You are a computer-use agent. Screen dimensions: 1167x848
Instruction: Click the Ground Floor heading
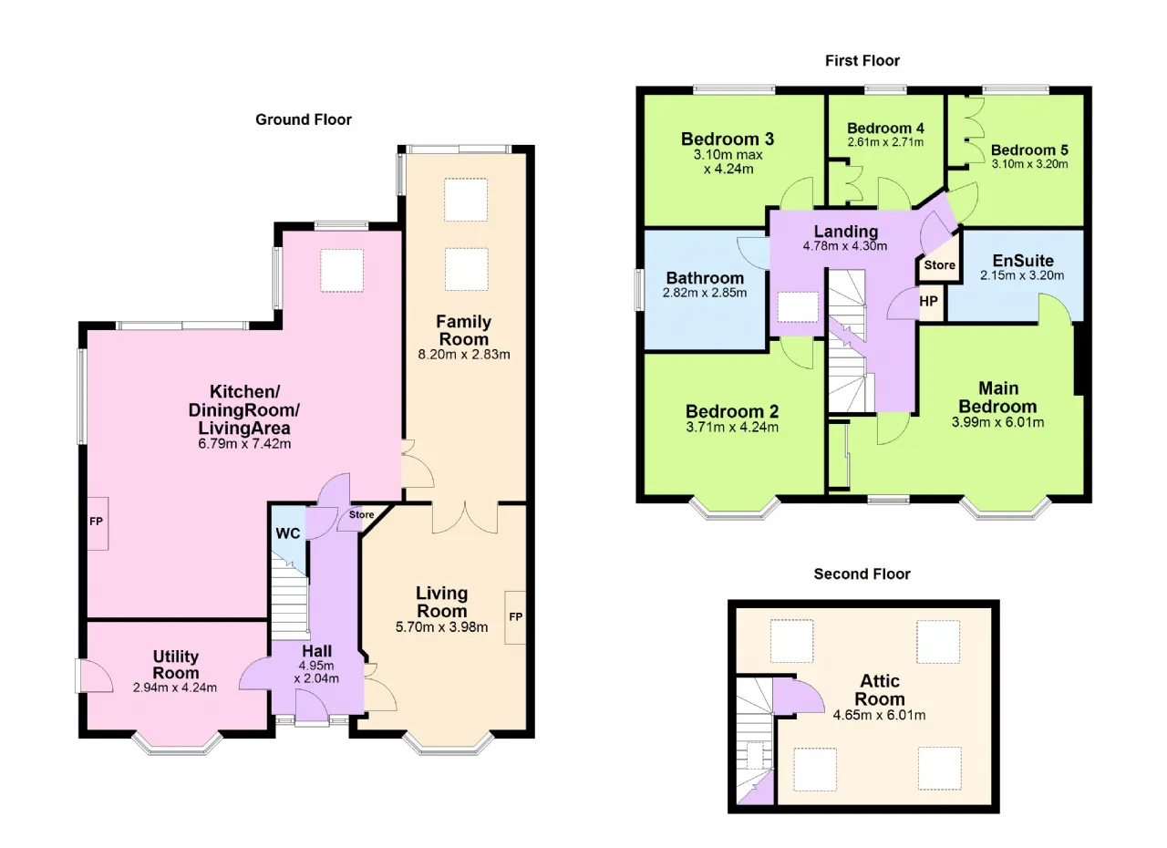click(304, 119)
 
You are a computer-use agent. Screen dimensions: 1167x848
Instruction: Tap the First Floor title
click(862, 61)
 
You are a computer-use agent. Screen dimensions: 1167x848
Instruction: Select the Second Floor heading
click(862, 574)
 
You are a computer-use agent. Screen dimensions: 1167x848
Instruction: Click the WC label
click(287, 533)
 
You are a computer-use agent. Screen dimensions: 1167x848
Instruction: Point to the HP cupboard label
click(928, 301)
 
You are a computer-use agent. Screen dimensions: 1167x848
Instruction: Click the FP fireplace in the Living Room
click(515, 617)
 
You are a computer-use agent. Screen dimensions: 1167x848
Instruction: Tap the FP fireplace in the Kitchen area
click(97, 522)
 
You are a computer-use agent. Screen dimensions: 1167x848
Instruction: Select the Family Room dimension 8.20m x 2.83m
click(464, 355)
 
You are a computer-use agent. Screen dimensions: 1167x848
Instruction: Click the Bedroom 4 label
click(885, 129)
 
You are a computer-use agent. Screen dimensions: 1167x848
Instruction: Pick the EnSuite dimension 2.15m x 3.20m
click(1022, 275)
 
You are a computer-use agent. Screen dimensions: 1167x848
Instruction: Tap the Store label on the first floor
click(939, 265)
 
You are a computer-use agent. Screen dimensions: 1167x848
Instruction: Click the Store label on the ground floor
click(362, 514)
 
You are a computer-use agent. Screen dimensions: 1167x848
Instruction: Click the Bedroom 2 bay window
click(735, 511)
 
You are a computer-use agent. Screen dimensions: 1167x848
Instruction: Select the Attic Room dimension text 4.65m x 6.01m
click(880, 715)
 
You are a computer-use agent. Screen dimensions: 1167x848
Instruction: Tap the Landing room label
click(846, 232)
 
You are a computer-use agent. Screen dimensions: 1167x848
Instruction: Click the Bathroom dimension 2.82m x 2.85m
click(705, 293)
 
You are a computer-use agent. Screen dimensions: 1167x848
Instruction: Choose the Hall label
click(316, 651)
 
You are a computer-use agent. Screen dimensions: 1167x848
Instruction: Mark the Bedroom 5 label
click(1029, 150)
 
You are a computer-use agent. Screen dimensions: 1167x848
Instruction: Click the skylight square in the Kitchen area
click(342, 270)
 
